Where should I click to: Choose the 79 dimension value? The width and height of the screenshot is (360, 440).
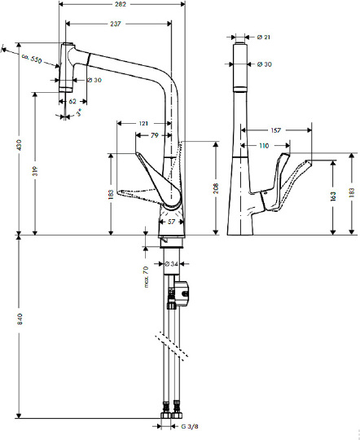point(155,135)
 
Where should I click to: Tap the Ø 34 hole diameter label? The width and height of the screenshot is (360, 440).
point(171,264)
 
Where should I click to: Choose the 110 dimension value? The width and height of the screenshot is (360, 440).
point(264,145)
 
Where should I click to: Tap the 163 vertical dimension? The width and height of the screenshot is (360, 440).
point(333,196)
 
